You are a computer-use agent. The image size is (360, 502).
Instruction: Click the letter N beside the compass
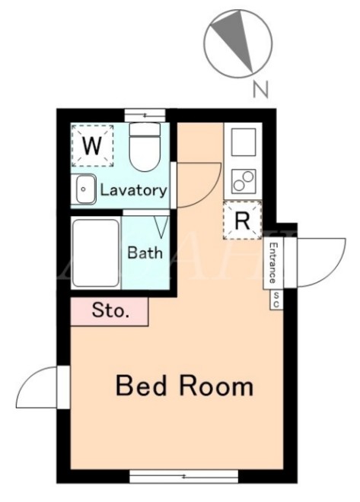(260, 89)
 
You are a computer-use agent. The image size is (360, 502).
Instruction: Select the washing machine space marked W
(93, 146)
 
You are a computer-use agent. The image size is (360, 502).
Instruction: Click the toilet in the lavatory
(145, 147)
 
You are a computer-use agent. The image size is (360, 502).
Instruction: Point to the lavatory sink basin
(86, 189)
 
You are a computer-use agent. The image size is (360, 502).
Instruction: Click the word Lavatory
(133, 190)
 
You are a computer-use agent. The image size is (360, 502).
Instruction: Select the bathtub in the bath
(96, 253)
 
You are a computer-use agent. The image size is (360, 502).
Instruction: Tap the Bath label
(145, 253)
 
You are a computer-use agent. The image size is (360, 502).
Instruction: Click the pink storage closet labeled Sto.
(109, 312)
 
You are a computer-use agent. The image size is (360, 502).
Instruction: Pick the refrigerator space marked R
(243, 221)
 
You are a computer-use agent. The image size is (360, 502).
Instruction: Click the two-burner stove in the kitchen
(244, 181)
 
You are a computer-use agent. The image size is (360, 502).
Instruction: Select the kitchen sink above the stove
(244, 142)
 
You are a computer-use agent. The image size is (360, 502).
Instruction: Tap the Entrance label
(272, 263)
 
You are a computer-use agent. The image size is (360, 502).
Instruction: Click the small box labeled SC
(276, 300)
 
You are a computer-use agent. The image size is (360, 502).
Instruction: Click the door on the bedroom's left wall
(43, 387)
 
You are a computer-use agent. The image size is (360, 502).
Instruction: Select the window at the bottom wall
(184, 476)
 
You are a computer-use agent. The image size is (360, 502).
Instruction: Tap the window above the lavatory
(145, 116)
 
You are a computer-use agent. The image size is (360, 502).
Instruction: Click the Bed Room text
(184, 386)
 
